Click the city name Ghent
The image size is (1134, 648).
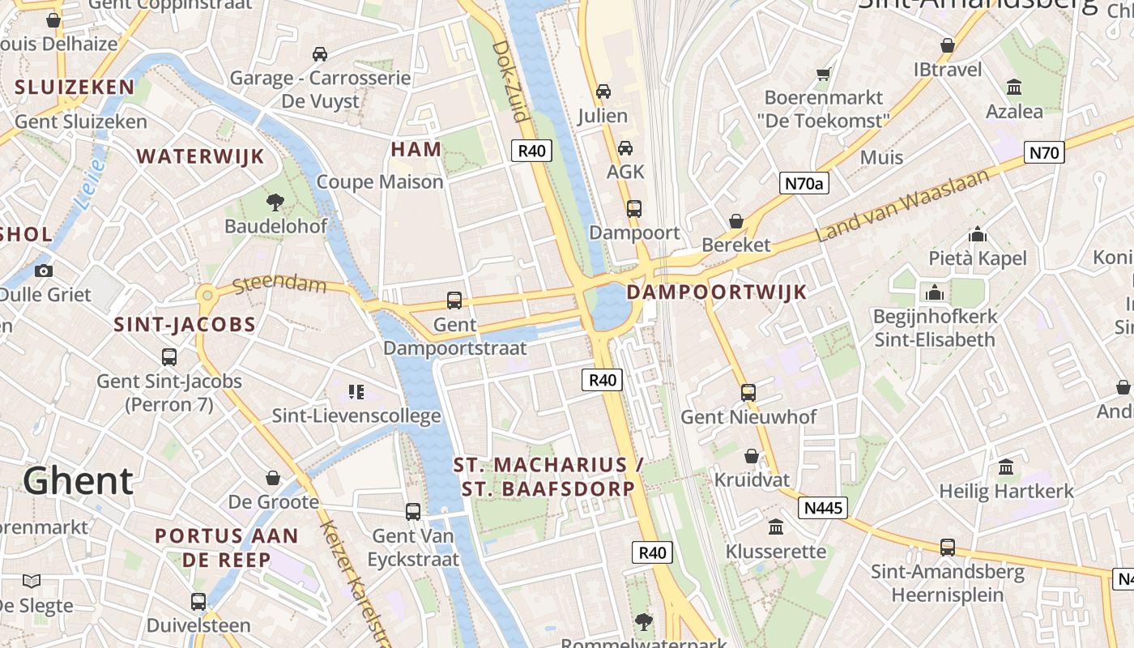78,480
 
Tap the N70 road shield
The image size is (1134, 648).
1044,152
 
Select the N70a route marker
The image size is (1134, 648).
804,183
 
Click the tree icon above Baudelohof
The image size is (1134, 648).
275,201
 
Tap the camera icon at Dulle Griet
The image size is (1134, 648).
44,271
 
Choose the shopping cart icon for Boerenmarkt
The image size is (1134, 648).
824,74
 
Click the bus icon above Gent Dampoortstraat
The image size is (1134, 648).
454,301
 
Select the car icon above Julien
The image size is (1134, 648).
603,92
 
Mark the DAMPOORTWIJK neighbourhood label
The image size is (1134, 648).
718,292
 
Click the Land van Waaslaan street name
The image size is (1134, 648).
902,207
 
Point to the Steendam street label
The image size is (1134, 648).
279,285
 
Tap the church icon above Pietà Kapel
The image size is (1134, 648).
978,235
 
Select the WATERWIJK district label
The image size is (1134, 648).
200,156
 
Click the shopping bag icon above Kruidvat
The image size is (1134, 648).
752,456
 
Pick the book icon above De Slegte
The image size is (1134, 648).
32,581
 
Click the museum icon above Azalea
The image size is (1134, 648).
1013,87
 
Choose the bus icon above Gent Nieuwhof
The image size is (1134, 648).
748,393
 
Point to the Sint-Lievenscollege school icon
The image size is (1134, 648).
356,392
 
